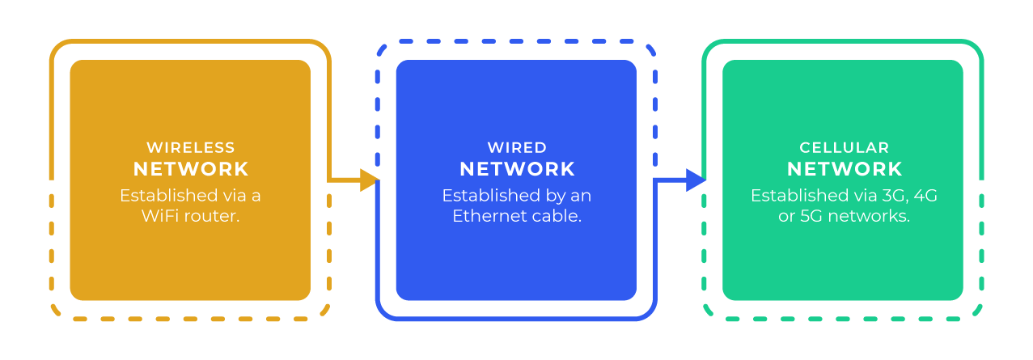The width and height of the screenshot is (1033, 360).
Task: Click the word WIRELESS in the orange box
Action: (190, 148)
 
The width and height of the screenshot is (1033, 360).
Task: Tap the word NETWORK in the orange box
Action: (191, 169)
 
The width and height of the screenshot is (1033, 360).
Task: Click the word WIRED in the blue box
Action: (517, 148)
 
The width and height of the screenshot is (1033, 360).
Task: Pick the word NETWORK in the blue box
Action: (517, 169)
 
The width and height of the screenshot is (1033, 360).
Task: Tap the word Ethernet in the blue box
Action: (485, 216)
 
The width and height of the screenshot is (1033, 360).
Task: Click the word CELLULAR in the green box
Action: (844, 148)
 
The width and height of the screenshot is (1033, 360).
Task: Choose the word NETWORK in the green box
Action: (844, 169)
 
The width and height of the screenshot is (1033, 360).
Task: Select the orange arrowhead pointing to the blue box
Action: (370, 180)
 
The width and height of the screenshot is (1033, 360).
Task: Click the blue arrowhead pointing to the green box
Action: (696, 180)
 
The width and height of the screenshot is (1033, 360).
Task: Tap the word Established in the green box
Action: (796, 196)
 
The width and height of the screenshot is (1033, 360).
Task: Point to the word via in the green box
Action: (859, 196)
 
